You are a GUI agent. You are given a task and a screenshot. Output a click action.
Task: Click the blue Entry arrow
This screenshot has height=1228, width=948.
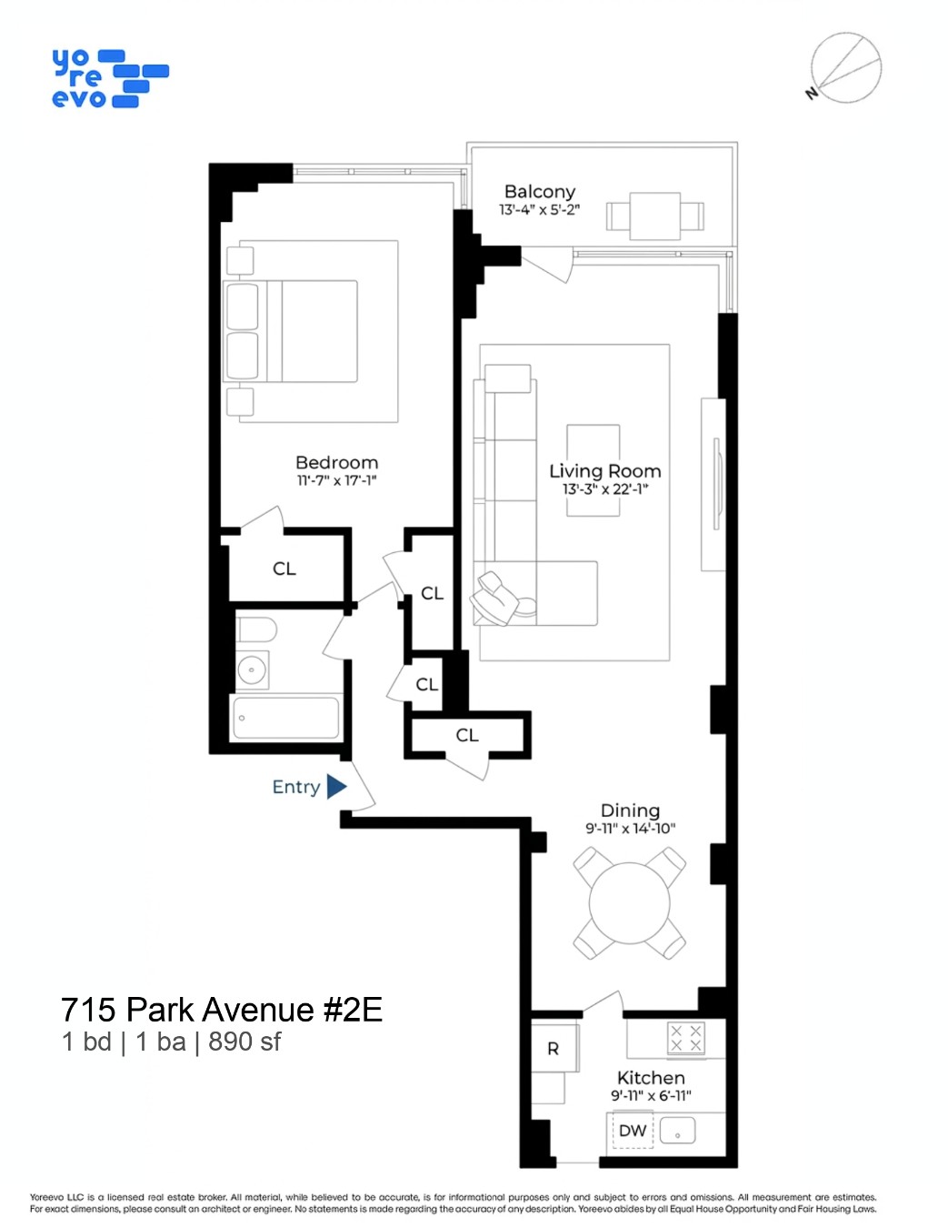(x=336, y=786)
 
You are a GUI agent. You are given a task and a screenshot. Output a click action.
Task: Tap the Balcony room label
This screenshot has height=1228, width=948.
(x=539, y=191)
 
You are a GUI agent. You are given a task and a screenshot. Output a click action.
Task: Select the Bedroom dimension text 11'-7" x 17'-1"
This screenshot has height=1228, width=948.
(x=336, y=480)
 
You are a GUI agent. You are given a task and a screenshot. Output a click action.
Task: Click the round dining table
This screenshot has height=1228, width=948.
(x=629, y=903)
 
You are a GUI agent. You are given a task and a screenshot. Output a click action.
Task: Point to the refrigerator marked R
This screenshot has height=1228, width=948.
(x=554, y=1049)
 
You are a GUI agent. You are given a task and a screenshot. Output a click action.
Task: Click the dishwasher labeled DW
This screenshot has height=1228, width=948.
(x=633, y=1131)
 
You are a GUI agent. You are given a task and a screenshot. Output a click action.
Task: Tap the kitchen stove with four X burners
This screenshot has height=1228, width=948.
(x=685, y=1038)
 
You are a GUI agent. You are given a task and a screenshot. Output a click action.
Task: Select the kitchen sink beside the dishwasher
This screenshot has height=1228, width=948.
(x=677, y=1131)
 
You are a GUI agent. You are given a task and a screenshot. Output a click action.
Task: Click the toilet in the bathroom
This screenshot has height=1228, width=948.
(x=257, y=629)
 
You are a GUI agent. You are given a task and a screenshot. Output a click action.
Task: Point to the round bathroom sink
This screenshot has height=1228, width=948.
(x=252, y=670)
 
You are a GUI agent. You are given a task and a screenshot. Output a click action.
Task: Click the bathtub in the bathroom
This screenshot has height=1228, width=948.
(x=286, y=718)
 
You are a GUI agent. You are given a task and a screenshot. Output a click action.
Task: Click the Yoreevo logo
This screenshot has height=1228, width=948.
(x=109, y=79)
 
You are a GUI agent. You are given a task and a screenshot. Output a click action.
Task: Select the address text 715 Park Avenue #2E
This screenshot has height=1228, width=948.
(x=221, y=1010)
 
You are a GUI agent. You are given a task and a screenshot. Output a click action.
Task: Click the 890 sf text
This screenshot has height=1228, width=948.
(x=244, y=1042)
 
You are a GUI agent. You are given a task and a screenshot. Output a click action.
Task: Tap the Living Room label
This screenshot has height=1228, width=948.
(x=604, y=470)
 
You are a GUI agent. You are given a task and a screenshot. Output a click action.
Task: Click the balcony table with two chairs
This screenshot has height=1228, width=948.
(x=654, y=216)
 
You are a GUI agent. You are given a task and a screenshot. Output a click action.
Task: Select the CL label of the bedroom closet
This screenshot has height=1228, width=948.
(x=284, y=569)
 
